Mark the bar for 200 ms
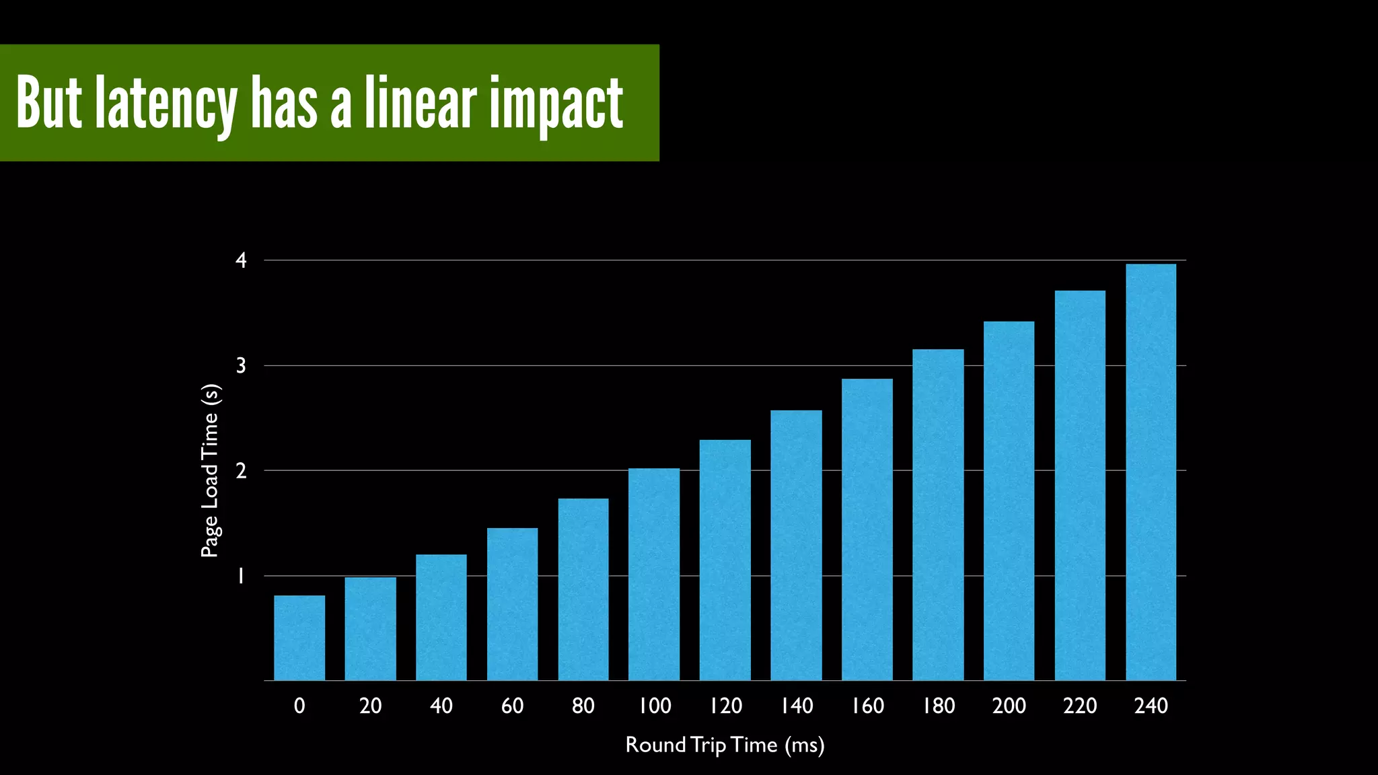click(x=1009, y=501)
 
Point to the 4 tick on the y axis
click(x=241, y=260)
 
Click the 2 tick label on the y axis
click(x=241, y=471)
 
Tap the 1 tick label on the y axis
click(x=240, y=577)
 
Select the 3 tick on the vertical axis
click(x=241, y=366)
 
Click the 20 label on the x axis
click(x=370, y=706)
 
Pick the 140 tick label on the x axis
click(x=797, y=706)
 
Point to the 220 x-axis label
click(x=1080, y=706)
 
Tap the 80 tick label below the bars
click(x=583, y=706)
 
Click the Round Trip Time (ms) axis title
click(x=725, y=745)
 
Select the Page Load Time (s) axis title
click(x=210, y=471)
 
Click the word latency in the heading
click(x=166, y=104)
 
